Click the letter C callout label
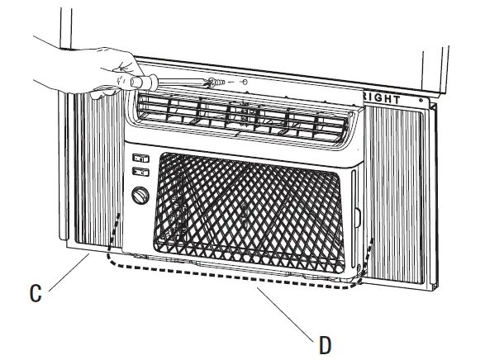pyautogui.click(x=34, y=291)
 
